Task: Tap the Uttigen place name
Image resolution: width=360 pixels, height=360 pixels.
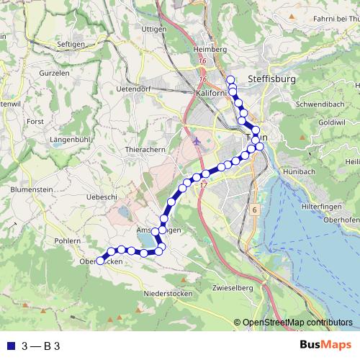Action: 154,29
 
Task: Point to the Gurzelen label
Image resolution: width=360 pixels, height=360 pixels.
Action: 54,74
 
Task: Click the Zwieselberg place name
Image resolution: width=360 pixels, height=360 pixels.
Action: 233,288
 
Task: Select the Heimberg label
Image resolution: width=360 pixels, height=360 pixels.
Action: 210,49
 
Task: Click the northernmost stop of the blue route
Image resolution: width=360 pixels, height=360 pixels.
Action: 230,80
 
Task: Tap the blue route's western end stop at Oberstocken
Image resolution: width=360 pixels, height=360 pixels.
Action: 100,261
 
